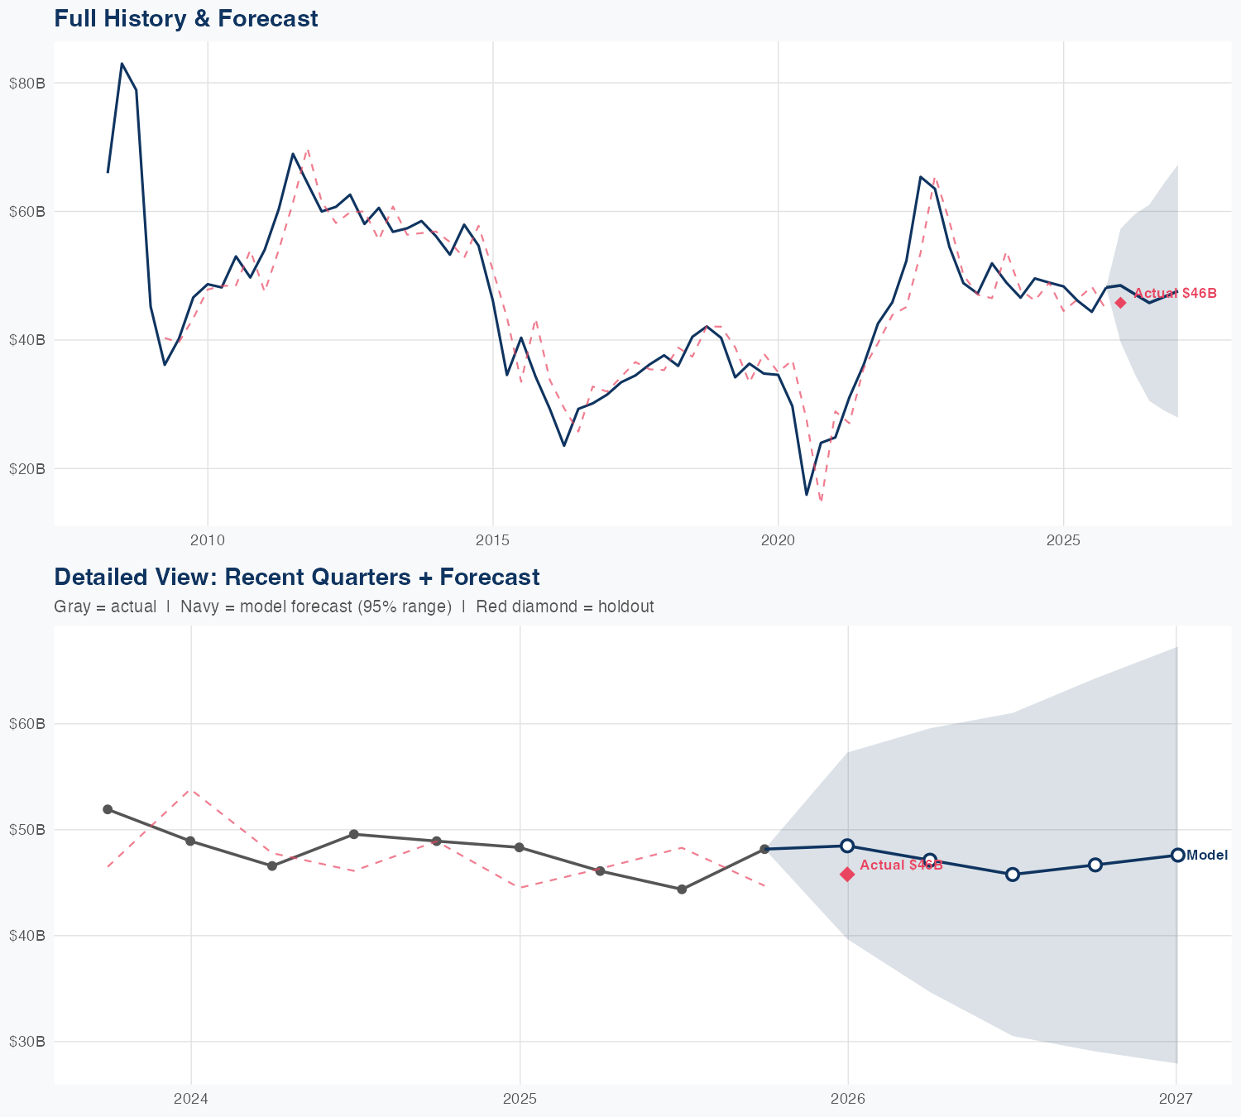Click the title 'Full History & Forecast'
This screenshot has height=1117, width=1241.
coord(185,18)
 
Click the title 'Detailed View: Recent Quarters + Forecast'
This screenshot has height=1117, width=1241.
coord(296,577)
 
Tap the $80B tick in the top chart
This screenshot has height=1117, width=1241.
coord(26,83)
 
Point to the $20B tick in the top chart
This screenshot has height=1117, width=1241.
coord(26,468)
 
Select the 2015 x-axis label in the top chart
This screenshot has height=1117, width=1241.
coord(493,540)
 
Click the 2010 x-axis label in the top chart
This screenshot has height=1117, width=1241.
coord(208,540)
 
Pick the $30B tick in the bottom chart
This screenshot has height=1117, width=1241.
coord(26,1041)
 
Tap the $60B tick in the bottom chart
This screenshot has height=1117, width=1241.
coord(26,724)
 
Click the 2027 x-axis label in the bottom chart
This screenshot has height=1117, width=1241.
coord(1176,1099)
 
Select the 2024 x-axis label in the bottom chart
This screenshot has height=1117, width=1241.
coord(191,1099)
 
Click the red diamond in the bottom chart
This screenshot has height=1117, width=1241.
coord(847,875)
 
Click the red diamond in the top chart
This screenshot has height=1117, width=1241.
coord(1120,303)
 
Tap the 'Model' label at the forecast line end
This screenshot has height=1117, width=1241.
coord(1207,856)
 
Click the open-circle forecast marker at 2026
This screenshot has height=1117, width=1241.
coord(847,846)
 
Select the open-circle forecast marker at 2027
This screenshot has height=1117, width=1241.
coord(1177,855)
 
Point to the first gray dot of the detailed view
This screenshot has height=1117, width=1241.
coord(108,809)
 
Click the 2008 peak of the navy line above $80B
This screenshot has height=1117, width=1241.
coord(122,64)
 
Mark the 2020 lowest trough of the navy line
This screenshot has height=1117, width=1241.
coord(807,495)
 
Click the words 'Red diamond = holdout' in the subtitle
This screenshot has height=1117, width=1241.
coord(564,606)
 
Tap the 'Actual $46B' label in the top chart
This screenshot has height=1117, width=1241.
coord(1175,294)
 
